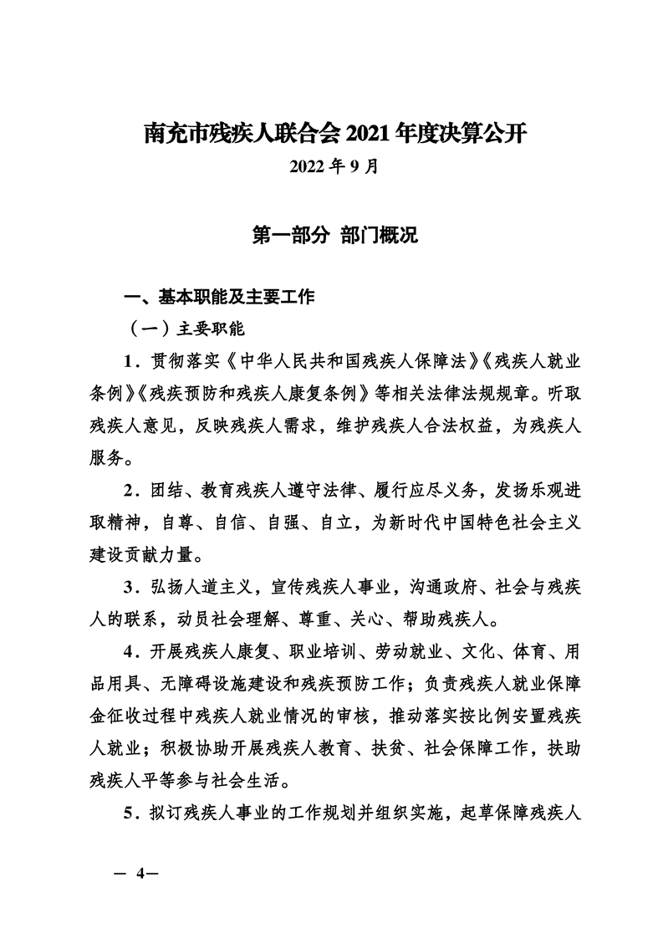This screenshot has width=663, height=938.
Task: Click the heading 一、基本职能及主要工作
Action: [x=219, y=296]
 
